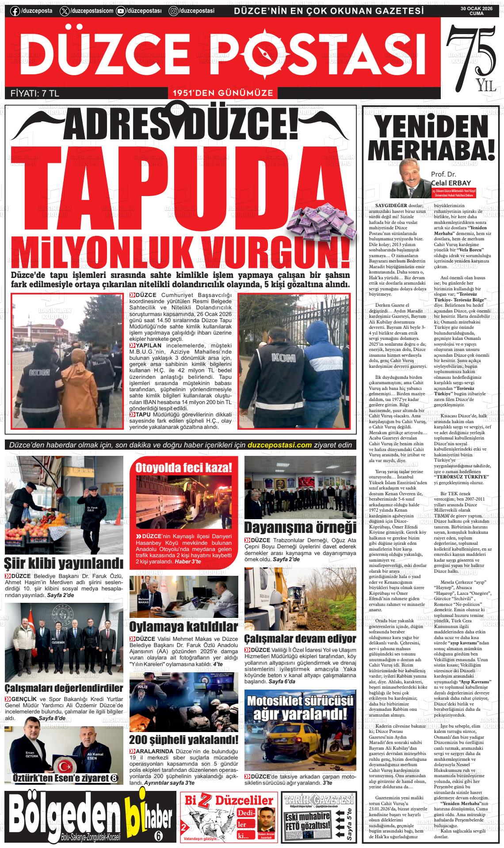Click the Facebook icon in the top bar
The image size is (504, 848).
click(x=15, y=11)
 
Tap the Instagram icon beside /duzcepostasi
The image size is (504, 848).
click(x=174, y=11)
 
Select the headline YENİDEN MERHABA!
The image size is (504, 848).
click(x=433, y=138)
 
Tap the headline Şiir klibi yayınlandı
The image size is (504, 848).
click(x=64, y=563)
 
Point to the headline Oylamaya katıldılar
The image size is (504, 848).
click(x=183, y=626)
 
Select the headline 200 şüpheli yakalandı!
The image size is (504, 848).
click(x=183, y=740)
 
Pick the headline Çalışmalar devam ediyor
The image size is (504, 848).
click(x=300, y=639)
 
